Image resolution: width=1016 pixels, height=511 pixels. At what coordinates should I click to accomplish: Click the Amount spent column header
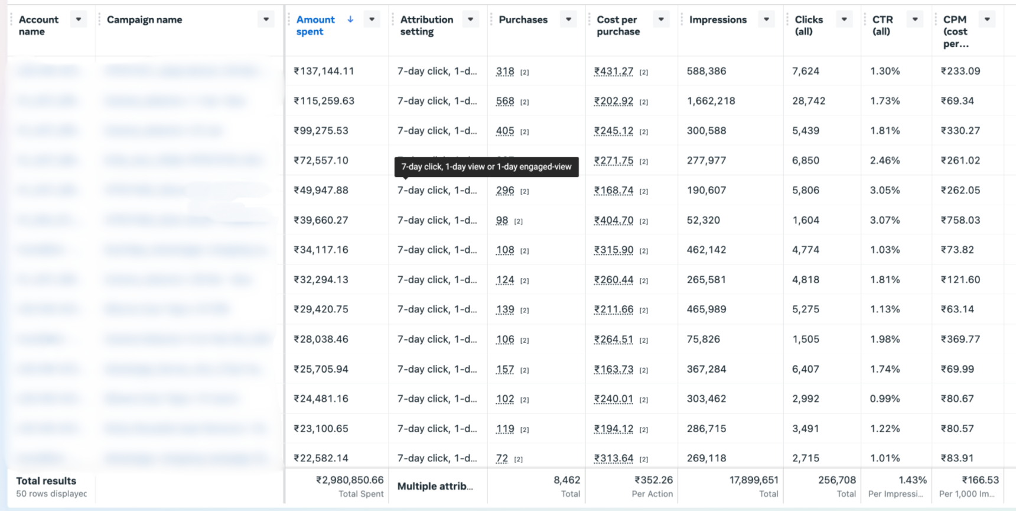(315, 25)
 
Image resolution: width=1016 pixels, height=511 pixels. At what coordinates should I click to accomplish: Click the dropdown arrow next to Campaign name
(266, 20)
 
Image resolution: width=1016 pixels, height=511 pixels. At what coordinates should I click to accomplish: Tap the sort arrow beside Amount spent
(350, 20)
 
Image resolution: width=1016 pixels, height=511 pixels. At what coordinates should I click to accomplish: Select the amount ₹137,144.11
(324, 71)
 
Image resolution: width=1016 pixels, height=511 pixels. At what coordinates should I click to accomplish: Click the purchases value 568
(505, 101)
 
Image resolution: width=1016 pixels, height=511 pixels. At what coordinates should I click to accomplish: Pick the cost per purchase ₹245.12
(614, 131)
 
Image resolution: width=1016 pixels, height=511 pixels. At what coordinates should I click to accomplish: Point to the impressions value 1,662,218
(711, 101)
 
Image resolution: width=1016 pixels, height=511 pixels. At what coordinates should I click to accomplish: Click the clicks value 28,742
(809, 101)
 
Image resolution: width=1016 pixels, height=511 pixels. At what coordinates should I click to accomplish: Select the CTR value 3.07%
(885, 220)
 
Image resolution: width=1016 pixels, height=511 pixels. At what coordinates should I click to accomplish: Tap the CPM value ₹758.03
(960, 220)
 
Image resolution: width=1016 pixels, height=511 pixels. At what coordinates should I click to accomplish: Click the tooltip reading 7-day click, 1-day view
(486, 167)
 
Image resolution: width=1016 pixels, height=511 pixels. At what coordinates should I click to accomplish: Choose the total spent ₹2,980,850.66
(350, 480)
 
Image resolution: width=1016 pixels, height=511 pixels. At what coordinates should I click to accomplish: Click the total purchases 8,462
(566, 480)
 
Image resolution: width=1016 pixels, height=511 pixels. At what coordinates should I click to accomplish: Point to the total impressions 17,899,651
(754, 480)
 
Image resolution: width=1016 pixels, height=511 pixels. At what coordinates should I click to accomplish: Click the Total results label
(46, 481)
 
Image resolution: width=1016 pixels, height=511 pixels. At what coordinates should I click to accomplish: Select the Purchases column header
(523, 20)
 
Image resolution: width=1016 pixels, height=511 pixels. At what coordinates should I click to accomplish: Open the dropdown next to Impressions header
(766, 20)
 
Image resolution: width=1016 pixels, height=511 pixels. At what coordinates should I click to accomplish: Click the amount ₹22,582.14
(321, 458)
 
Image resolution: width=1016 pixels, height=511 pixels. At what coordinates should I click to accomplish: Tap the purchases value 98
(502, 221)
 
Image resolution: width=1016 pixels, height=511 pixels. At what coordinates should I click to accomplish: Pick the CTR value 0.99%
(885, 399)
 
